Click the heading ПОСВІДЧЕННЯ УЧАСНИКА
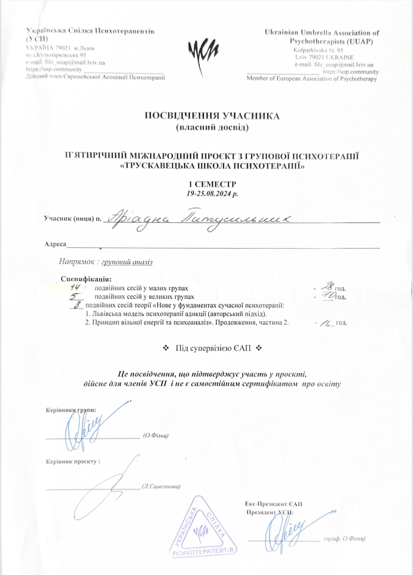click(212, 116)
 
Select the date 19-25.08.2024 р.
click(212, 193)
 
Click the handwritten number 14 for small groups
click(75, 288)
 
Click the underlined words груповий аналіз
click(127, 262)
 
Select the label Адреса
click(55, 244)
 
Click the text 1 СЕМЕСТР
click(212, 184)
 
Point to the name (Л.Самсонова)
click(161, 486)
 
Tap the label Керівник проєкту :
click(73, 461)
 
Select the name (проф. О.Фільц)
click(345, 539)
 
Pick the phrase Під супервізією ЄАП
click(213, 348)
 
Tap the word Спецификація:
click(86, 279)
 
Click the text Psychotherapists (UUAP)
click(331, 42)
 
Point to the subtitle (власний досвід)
click(212, 128)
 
